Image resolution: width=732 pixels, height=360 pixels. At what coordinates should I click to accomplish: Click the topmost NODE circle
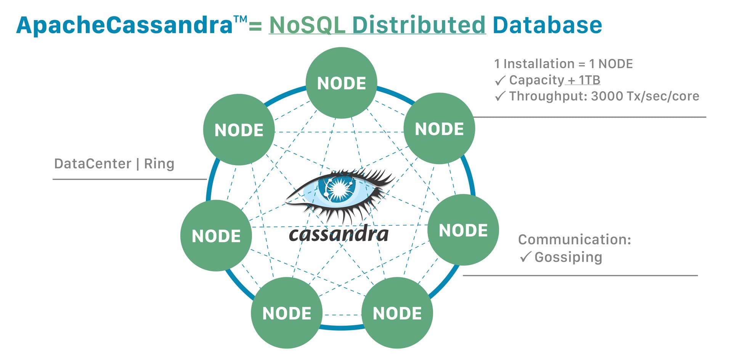341,83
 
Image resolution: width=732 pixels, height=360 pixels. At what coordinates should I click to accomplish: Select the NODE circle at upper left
239,130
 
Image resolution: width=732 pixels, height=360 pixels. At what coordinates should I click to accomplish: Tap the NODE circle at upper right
439,129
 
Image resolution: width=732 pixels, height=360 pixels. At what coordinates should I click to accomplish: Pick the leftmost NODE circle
216,236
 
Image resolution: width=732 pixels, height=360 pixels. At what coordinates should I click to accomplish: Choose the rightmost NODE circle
463,230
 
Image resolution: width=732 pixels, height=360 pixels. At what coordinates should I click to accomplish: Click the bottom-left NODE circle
287,313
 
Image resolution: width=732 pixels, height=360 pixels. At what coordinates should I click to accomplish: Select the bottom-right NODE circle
397,313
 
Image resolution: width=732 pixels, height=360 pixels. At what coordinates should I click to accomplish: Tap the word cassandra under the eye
338,234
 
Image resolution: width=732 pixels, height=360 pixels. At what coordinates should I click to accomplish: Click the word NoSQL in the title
307,25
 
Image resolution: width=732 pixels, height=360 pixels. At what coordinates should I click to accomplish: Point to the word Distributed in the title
418,25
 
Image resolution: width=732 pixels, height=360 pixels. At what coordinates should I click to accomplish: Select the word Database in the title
547,25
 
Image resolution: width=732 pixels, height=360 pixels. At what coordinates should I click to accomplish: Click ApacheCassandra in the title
124,25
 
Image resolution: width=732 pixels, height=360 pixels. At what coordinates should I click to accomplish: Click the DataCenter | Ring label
114,164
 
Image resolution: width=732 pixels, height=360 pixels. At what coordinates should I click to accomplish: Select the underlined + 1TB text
583,80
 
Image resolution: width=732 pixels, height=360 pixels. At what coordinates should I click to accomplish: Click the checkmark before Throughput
500,96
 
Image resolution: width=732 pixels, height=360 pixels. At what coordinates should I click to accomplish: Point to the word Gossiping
568,257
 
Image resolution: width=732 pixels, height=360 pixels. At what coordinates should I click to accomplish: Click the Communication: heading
574,239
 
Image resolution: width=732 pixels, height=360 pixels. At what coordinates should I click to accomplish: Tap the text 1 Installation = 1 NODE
563,64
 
